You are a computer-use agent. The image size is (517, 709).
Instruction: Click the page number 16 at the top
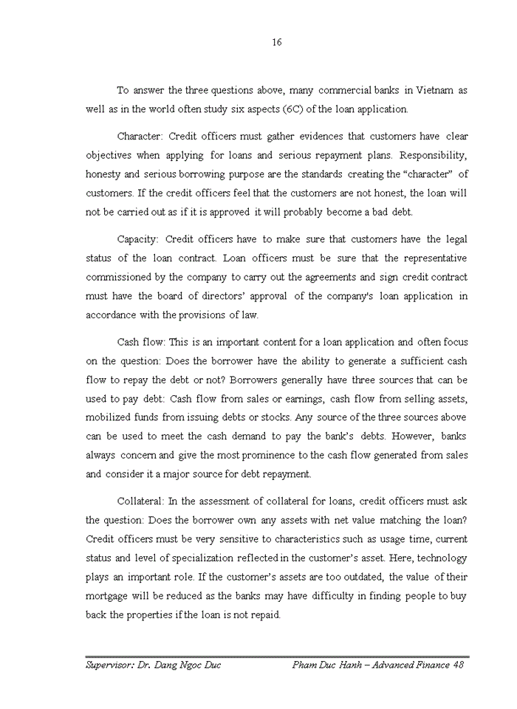276,42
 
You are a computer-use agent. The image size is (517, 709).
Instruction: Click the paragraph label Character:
140,137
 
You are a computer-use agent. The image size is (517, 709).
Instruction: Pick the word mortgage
111,595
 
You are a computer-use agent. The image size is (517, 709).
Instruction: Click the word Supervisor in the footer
112,665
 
